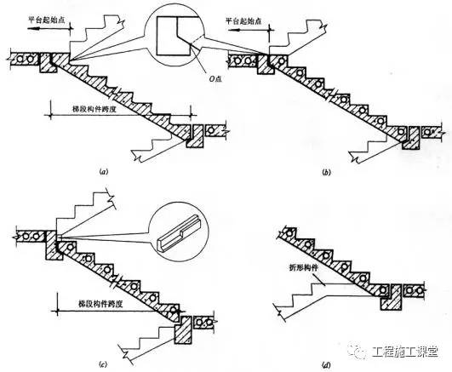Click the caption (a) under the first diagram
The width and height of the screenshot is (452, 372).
click(103, 172)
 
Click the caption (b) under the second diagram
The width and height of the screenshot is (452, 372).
click(326, 173)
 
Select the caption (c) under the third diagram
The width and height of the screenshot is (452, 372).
click(103, 364)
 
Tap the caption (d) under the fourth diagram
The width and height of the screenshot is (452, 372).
click(326, 365)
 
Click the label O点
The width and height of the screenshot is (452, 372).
click(215, 79)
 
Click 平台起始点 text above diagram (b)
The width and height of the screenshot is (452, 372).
click(243, 21)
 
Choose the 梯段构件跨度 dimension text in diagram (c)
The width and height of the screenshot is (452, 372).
click(100, 304)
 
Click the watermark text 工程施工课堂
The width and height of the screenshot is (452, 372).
click(405, 352)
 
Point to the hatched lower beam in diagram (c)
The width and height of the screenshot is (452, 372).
click(183, 329)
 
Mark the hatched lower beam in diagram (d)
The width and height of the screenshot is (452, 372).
click(392, 297)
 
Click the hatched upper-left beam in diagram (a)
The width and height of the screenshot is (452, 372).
click(49, 63)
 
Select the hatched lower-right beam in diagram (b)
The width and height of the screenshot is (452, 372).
click(412, 138)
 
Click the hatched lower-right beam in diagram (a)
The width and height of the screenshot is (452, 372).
click(195, 136)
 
